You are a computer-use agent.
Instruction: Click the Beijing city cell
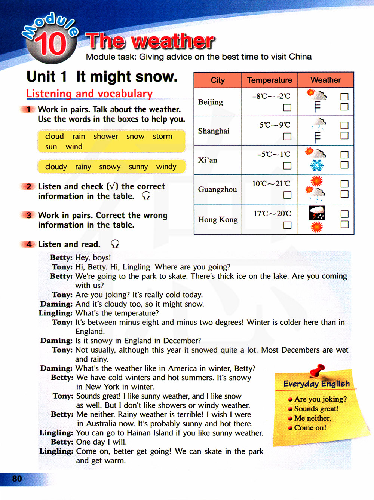pos(211,102)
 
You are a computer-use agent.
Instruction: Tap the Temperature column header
pos(269,80)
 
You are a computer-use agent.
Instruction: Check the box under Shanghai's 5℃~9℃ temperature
pos(287,136)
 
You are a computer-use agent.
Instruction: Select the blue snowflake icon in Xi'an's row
pos(317,165)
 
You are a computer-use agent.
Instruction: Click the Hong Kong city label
pos(218,220)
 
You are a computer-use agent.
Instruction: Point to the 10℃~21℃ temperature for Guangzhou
pos(271,183)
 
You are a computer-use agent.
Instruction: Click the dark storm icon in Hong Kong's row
pos(317,213)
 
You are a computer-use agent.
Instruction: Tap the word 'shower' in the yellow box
pos(106,137)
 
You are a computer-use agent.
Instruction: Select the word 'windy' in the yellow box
pos(166,167)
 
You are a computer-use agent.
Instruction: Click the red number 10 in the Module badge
pos(51,44)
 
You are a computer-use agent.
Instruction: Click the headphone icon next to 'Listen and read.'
pos(115,244)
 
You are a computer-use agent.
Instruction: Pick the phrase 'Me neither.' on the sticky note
pos(312,418)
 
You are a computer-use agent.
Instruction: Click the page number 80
pos(17,479)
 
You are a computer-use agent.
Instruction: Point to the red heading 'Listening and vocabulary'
pos(89,94)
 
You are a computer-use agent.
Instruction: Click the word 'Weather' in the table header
pos(325,80)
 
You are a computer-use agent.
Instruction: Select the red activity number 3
pos(29,215)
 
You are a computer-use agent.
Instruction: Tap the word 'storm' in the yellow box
pos(162,137)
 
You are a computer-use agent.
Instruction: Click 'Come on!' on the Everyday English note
pos(310,428)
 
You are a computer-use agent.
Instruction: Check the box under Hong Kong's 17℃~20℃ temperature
pos(287,225)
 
